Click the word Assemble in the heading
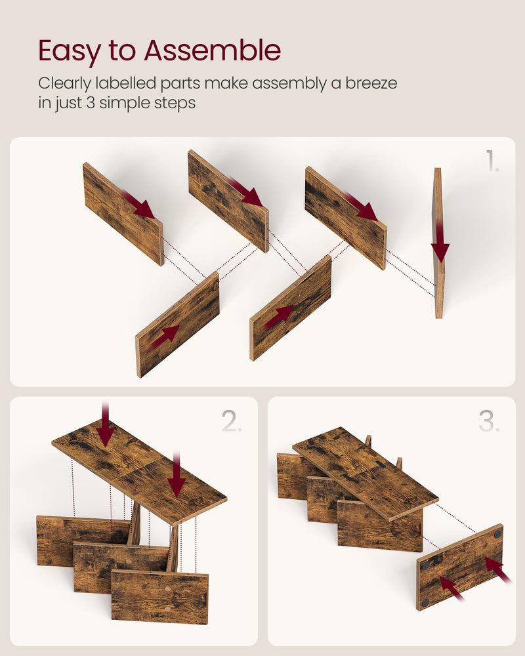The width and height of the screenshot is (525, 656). pos(212,51)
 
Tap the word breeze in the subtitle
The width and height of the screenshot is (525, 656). pos(371,83)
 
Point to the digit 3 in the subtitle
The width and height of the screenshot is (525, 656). pos(91,103)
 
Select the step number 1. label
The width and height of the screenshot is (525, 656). pos(492,161)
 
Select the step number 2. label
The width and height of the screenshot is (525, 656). pos(232,421)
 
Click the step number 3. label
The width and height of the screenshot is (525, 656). pos(490,421)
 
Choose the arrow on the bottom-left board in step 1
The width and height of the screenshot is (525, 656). pos(165,337)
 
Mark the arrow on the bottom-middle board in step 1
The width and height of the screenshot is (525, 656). pos(278,317)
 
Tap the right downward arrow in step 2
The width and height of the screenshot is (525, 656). pos(177,474)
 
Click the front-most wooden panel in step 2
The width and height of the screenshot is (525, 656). pos(160,596)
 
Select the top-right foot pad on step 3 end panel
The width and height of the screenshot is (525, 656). pos(497,534)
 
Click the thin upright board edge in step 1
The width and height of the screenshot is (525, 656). pos(438,243)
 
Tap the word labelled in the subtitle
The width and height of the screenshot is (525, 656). pos(126,83)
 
